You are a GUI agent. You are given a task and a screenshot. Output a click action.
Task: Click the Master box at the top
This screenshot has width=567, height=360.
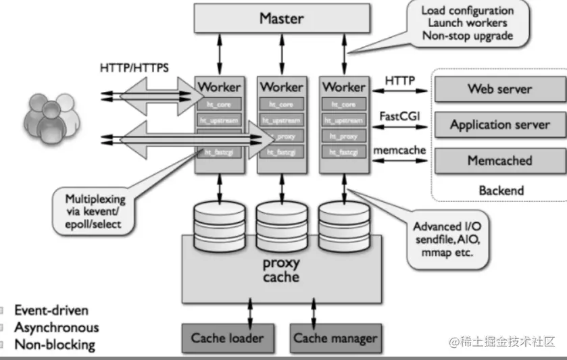point(282,19)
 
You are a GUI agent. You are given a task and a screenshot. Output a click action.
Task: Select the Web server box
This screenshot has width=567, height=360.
point(499,88)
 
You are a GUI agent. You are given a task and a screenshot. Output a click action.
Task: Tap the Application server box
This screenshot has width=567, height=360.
point(499,125)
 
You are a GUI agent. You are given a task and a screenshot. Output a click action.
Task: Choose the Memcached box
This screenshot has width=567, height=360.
point(499,161)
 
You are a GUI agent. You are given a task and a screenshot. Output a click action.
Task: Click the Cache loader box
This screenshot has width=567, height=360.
point(227,338)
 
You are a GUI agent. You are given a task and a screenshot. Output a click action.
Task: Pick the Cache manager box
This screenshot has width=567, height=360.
point(335,338)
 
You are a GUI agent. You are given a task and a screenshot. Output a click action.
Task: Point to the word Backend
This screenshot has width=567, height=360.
point(501,190)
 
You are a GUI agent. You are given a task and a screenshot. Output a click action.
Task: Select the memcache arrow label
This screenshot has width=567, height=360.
point(400,150)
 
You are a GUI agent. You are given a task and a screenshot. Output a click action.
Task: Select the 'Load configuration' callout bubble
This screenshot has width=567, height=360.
point(467,24)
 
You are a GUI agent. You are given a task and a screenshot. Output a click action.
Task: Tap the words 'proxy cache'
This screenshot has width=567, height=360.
point(280,269)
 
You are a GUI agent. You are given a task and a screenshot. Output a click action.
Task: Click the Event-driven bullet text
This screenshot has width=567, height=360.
point(51,311)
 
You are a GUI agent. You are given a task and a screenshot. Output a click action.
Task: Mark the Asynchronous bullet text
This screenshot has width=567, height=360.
point(57,328)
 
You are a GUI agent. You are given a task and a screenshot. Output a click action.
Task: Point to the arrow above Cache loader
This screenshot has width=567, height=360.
point(251,313)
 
